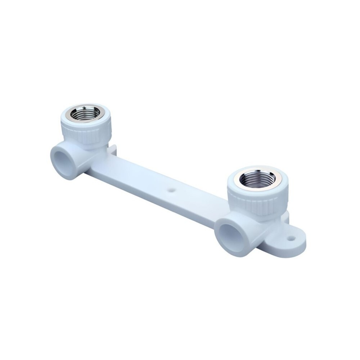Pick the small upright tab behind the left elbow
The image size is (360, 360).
click(x=113, y=148)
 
